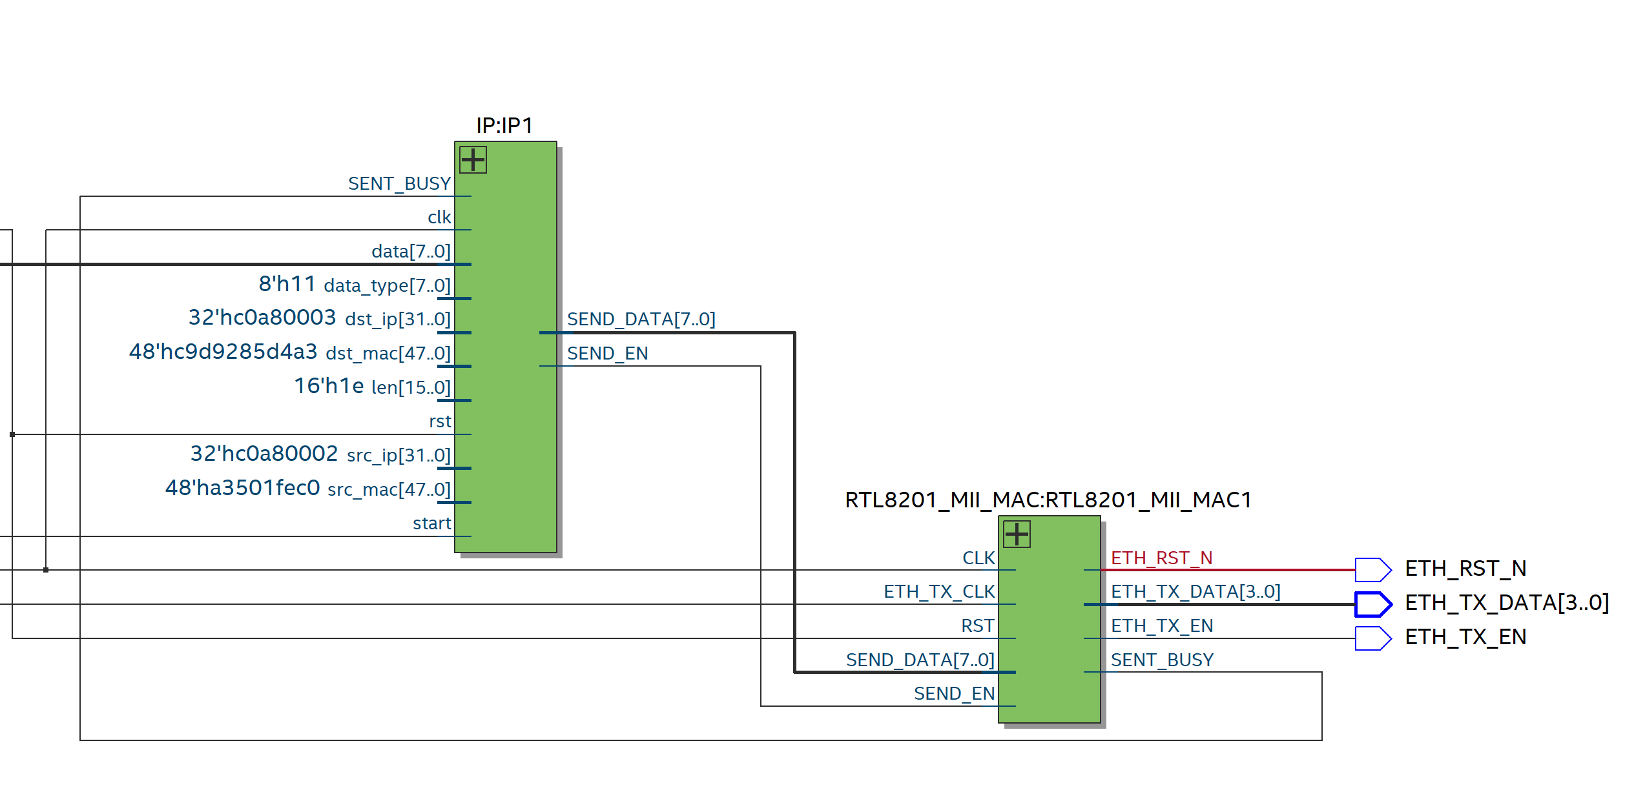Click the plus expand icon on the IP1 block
pos(473,159)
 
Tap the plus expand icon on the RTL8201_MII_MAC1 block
pos(1017,534)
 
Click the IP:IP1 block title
pos(504,125)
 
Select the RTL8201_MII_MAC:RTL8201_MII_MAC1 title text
pos(1048,500)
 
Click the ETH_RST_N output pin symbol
pos(1372,570)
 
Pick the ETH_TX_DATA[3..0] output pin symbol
pos(1372,604)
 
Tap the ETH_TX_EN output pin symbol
pos(1372,638)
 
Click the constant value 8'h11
pos(287,283)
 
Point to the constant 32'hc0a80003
pos(262,318)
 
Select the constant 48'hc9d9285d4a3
pos(223,352)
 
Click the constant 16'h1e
pos(329,386)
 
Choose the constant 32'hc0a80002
pos(264,454)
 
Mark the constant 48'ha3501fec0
pos(242,488)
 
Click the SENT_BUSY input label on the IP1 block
pos(399,184)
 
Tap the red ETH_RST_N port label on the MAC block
pos(1161,558)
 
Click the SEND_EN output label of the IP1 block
pos(607,354)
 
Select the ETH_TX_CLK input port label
pos(938,592)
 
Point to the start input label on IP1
pos(431,523)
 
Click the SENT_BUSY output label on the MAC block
pos(1162,660)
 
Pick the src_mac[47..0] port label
pos(389,490)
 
